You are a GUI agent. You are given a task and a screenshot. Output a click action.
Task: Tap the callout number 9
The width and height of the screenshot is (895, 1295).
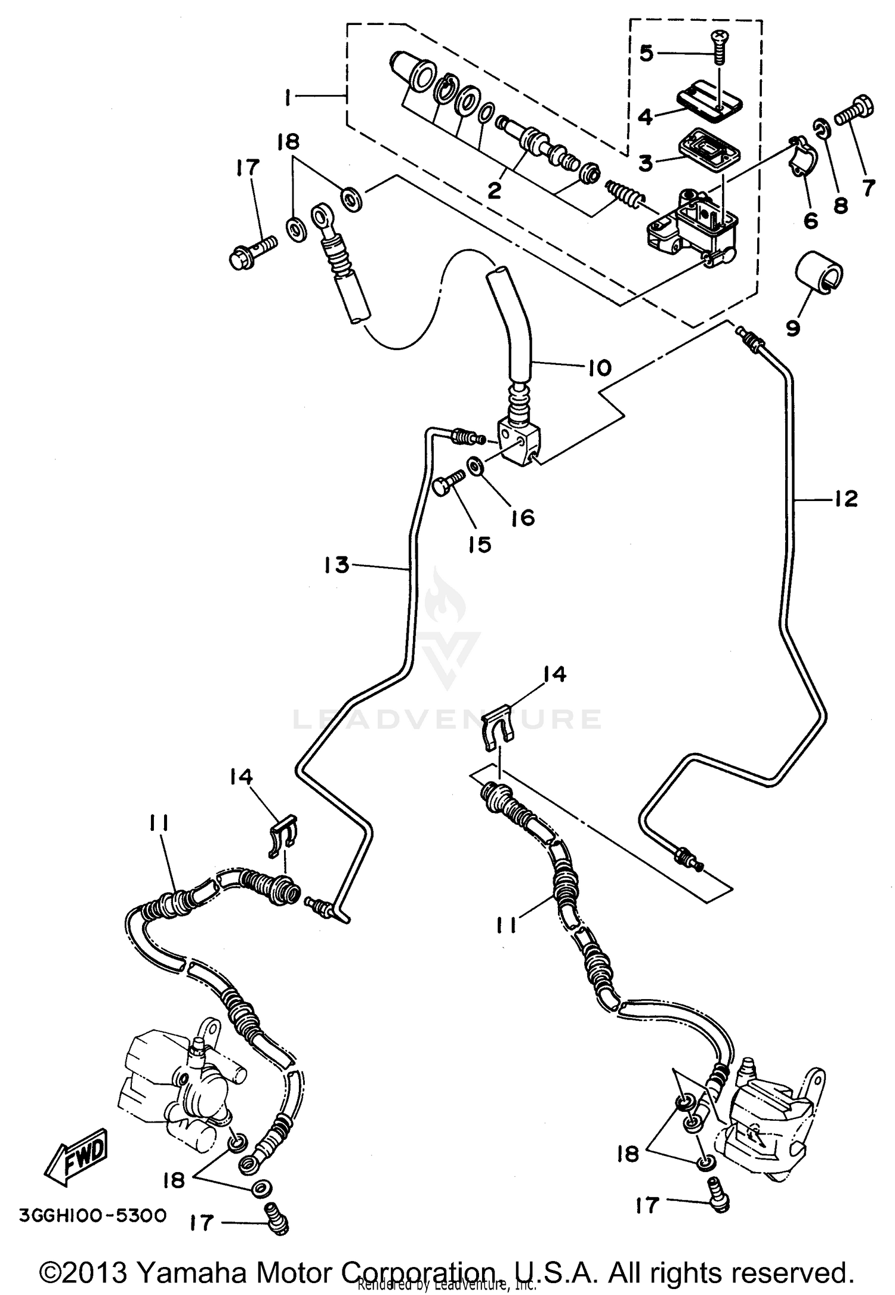point(792,327)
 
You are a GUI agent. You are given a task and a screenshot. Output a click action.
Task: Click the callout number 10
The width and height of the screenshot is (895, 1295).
point(599,367)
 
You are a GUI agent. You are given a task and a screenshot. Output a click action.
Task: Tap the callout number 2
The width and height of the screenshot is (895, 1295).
point(494,191)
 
